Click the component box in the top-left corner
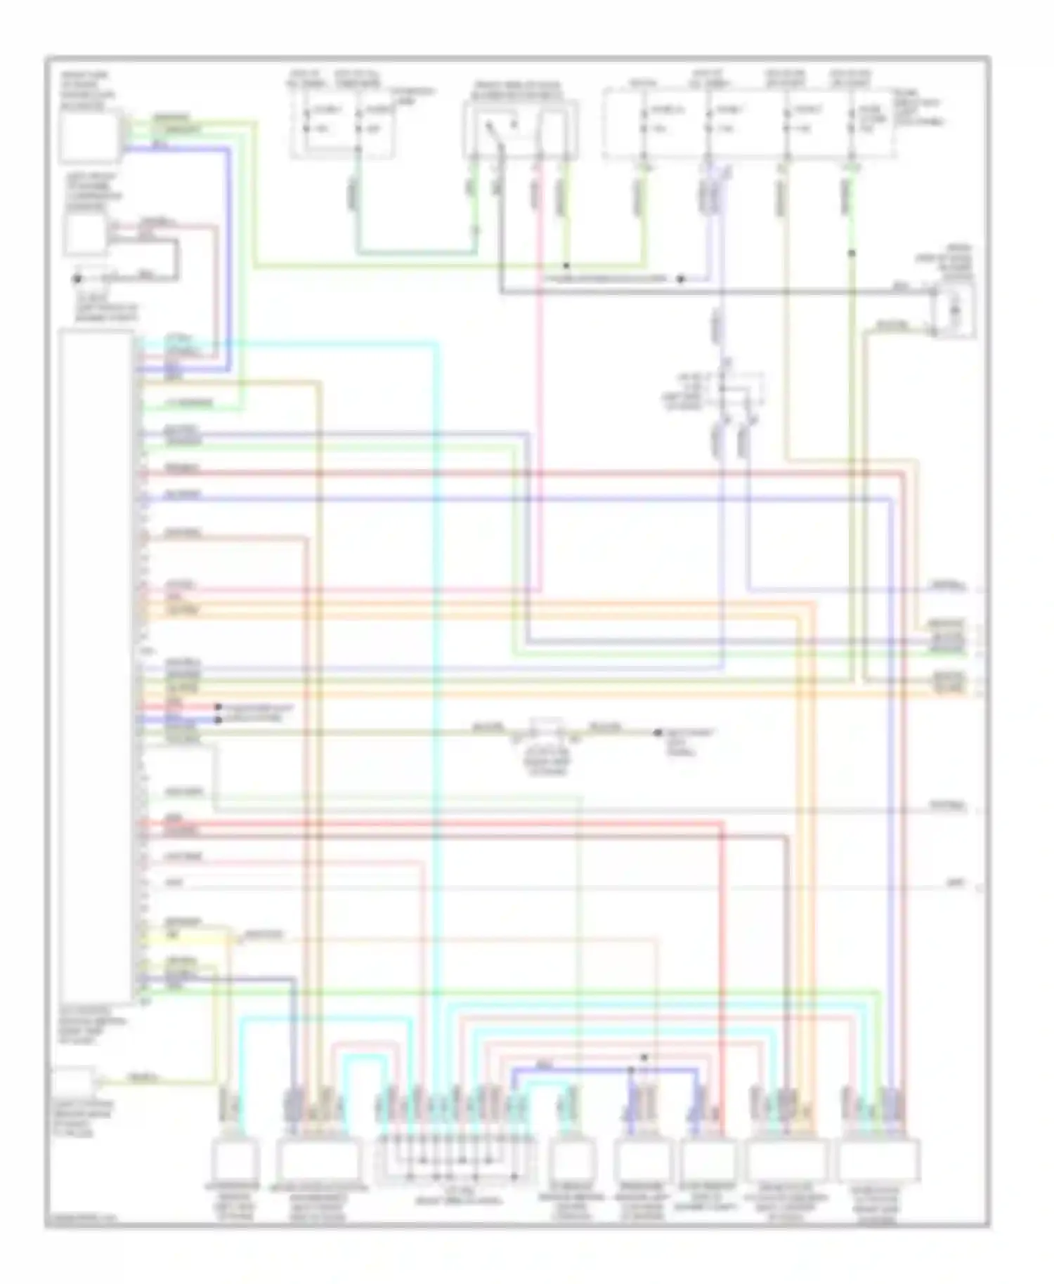90,136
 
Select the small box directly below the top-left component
85,234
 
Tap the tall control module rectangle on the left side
96,667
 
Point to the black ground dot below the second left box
78,279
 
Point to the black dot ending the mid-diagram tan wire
658,733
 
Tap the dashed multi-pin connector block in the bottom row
450,1162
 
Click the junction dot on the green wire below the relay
566,266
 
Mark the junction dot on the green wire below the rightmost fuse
852,253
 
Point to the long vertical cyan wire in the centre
436,702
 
